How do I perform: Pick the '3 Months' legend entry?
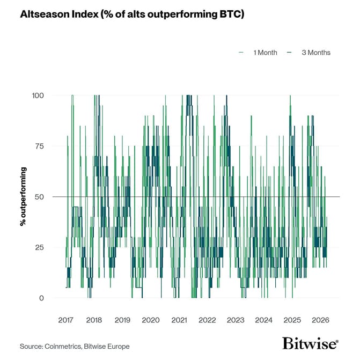click(315, 53)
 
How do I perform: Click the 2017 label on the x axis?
click(66, 320)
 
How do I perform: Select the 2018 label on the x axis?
click(94, 320)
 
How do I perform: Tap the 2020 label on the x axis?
click(151, 320)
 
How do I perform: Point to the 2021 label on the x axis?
click(179, 320)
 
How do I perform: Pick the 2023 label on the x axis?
click(236, 320)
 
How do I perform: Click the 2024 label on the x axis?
click(264, 320)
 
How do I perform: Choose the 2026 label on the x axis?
click(320, 320)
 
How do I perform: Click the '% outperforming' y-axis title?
click(23, 196)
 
